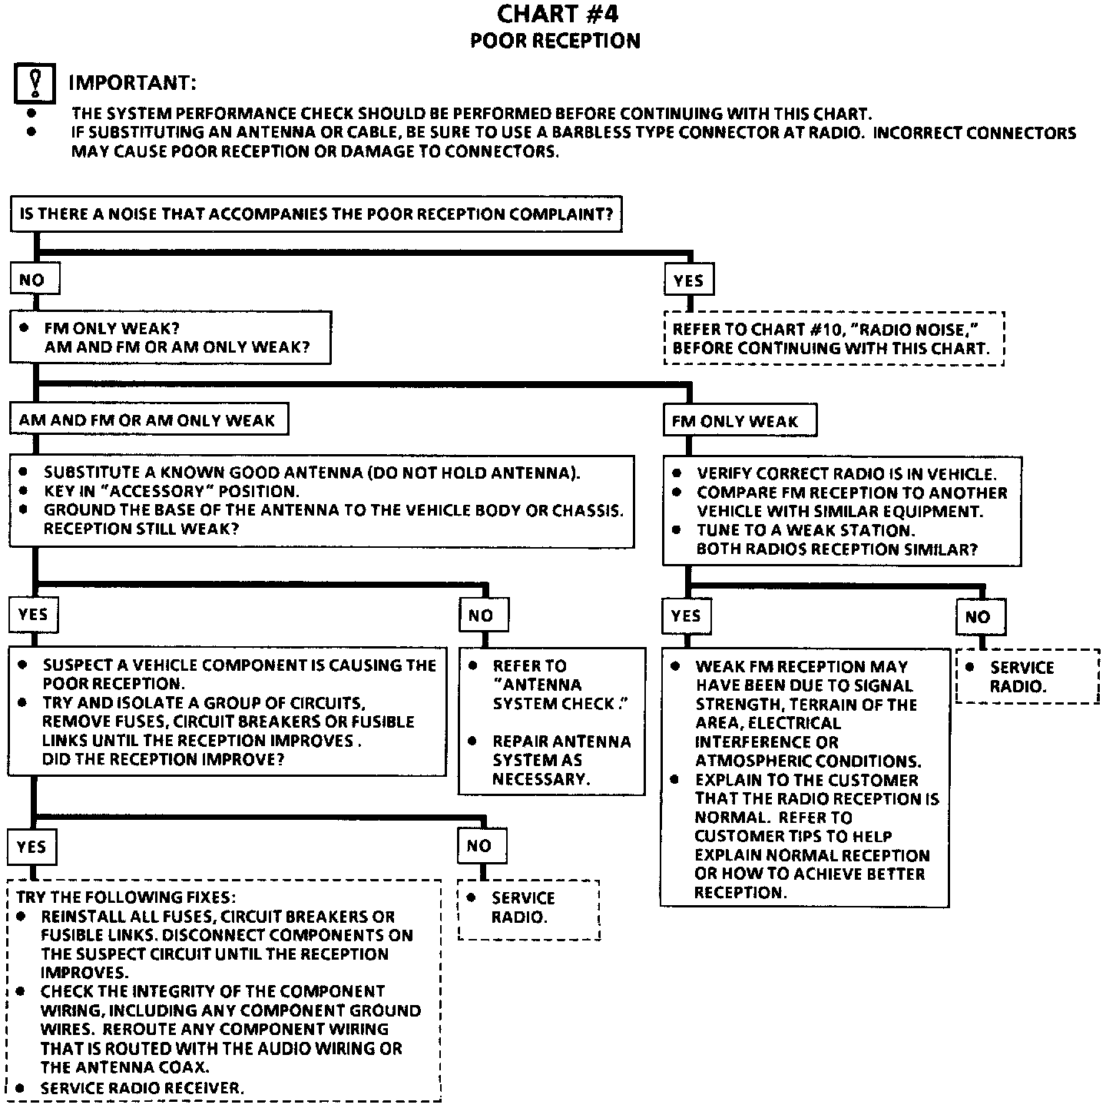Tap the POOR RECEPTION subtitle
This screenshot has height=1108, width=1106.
555,41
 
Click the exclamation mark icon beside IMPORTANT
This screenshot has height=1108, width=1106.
35,83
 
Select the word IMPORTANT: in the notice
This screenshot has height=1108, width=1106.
132,82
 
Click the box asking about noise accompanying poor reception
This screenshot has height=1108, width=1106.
316,214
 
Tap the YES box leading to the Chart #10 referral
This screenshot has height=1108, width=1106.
688,280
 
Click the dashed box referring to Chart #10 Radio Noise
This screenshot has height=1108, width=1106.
833,339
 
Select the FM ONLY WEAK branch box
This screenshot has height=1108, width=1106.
739,421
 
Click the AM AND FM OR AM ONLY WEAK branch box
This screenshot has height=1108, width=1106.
148,420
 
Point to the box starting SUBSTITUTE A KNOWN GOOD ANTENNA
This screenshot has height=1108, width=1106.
321,501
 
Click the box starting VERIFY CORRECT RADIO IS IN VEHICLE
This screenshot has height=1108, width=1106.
842,512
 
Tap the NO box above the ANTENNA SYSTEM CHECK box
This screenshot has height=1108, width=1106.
481,615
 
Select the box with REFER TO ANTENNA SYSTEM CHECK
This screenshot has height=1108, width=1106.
551,722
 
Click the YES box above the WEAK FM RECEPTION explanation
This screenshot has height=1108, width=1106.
686,615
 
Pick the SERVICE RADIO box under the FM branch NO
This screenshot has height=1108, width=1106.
1027,676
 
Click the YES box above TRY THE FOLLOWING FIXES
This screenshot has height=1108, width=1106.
32,847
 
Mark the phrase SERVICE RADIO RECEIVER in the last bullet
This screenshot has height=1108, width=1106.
142,1088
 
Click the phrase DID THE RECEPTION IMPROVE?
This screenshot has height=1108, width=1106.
164,759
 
